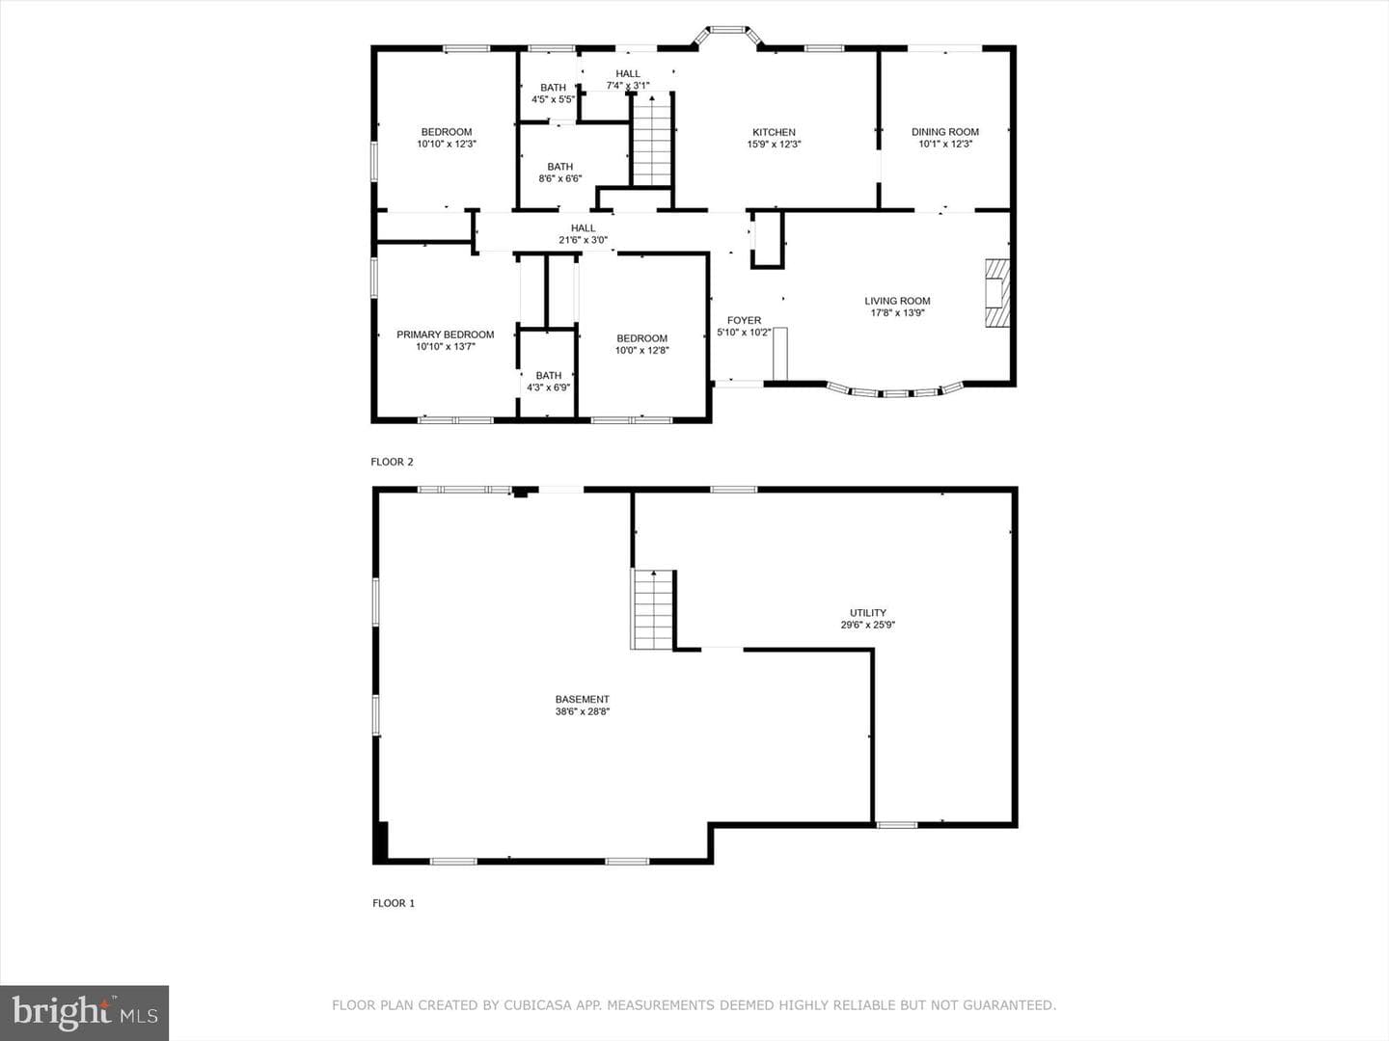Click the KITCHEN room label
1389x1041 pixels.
pos(774,132)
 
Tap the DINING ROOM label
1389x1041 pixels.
pos(944,132)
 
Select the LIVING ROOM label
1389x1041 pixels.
pos(897,301)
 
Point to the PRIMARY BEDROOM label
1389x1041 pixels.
pos(446,334)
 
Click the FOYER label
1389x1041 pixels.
pos(744,320)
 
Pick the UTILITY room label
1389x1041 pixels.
pos(867,612)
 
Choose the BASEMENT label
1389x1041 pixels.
pos(583,699)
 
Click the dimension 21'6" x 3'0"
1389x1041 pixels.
pos(583,240)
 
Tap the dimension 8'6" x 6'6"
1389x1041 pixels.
pos(560,179)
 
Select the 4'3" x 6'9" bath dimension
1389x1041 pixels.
pos(549,387)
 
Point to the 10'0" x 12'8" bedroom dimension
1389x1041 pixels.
pos(641,350)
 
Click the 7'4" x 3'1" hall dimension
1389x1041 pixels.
pos(628,86)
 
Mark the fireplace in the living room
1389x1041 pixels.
pos(996,293)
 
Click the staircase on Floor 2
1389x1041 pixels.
pos(652,139)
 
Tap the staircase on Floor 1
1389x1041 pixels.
pos(652,609)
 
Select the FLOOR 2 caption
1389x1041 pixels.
pos(392,462)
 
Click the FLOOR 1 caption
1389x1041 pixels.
pos(393,903)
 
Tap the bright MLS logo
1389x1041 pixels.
pos(84,1013)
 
